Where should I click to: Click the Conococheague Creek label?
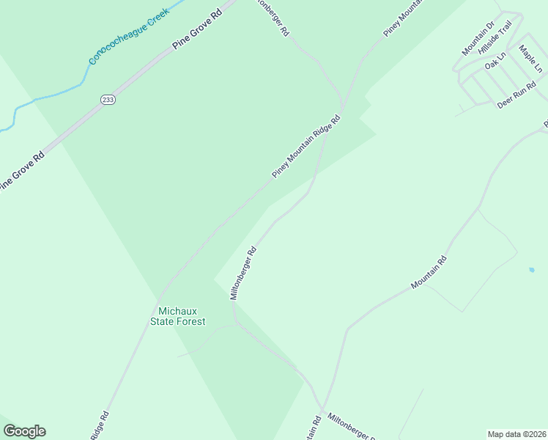(129, 35)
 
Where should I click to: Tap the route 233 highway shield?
(108, 100)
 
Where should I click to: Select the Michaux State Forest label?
(177, 316)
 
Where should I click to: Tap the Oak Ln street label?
(495, 60)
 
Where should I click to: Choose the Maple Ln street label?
(530, 59)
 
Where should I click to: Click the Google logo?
(24, 431)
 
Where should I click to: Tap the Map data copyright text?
(516, 433)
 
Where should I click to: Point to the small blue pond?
(531, 270)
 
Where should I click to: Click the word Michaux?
(177, 311)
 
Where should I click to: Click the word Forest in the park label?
(191, 321)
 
